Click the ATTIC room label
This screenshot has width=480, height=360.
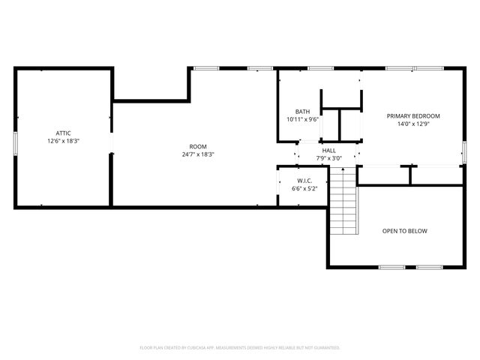coord(62,133)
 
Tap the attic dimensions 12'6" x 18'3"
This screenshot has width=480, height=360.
coord(62,140)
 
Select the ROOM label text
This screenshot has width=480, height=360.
coord(197,146)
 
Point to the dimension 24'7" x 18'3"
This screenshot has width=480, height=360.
coord(197,154)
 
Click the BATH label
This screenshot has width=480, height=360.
coord(302,112)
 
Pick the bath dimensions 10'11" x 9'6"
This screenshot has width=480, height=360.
coord(302,119)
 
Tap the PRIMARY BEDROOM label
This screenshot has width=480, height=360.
coord(412,115)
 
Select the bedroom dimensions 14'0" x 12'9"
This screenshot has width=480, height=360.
coord(412,124)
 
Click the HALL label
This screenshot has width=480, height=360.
coord(328,151)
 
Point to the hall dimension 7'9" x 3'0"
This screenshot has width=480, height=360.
coord(328,158)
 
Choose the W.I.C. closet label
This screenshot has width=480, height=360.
coord(304,181)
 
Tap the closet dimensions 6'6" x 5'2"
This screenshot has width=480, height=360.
coord(304,189)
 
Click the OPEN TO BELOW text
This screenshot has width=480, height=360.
coord(404,231)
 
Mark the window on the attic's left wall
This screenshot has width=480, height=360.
coord(15,142)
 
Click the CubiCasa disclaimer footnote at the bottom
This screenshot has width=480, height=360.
coord(240,348)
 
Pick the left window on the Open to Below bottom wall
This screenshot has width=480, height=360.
coord(390,267)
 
